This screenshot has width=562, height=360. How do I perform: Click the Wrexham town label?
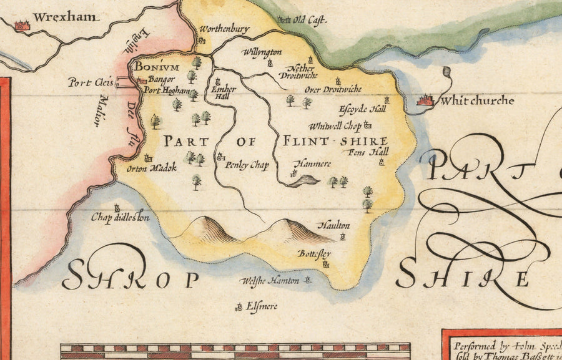click(65, 17)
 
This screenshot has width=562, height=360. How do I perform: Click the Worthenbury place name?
click(224, 29)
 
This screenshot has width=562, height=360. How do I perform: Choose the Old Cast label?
click(310, 21)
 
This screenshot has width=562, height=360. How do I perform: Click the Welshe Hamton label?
click(270, 281)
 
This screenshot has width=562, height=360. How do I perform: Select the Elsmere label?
click(262, 306)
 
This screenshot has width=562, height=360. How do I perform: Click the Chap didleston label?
click(120, 218)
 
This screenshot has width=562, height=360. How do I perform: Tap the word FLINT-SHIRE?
click(335, 141)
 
